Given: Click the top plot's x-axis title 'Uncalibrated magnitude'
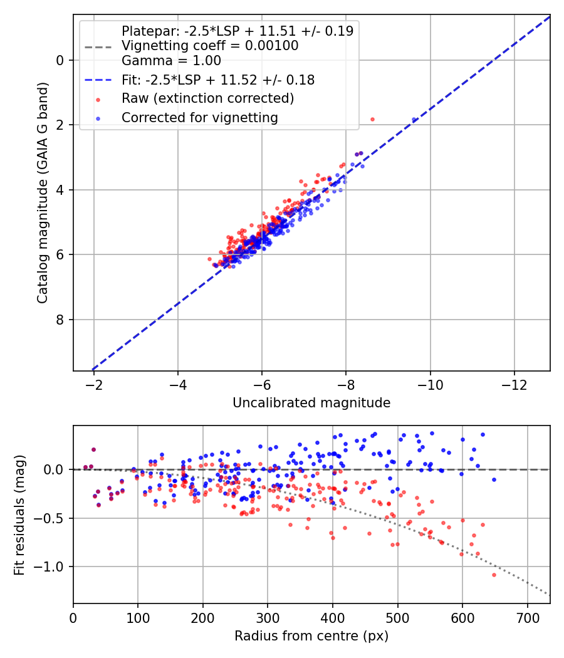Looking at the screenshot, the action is (x=311, y=403).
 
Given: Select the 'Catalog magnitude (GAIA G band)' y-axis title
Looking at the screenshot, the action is (x=43, y=192).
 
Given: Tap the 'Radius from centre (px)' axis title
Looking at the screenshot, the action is (x=311, y=636).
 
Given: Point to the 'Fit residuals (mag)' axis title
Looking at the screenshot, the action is (x=19, y=515).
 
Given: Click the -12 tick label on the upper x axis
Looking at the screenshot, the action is (x=514, y=385).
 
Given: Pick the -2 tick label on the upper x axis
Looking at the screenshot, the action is (x=93, y=385).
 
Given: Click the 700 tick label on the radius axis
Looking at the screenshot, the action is (x=528, y=618).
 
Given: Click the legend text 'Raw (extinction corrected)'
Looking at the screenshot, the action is (x=207, y=98).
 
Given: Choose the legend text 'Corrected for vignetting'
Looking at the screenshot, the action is (x=200, y=118).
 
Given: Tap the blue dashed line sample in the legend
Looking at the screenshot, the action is (x=98, y=80).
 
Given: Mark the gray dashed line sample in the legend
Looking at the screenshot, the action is (x=98, y=46).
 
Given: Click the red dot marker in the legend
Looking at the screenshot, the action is (x=98, y=100).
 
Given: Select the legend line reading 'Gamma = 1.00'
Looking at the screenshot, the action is (x=171, y=61).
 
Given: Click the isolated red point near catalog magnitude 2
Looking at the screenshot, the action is (x=372, y=120).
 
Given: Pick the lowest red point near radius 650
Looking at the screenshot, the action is (x=494, y=575).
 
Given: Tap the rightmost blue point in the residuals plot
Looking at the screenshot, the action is (x=494, y=479).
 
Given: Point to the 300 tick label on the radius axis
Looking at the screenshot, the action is (x=268, y=618).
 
